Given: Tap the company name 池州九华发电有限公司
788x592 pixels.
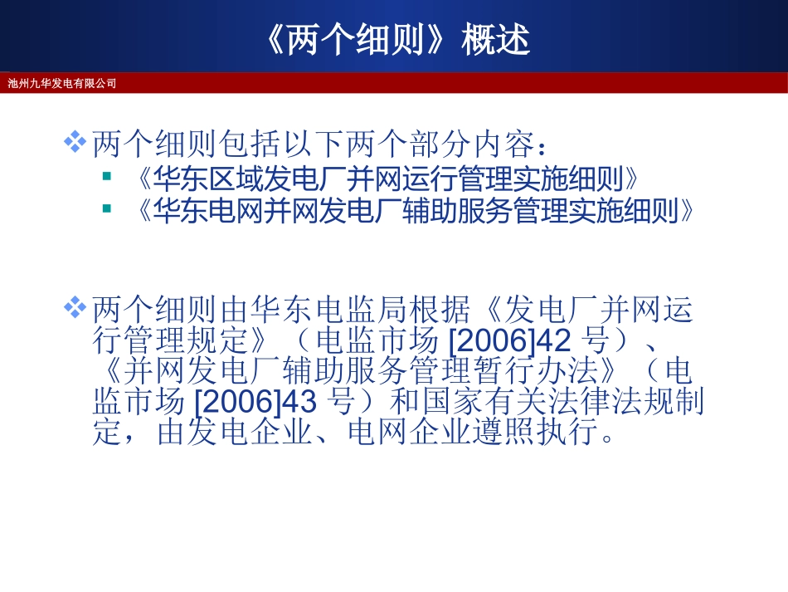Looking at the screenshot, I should (x=62, y=83).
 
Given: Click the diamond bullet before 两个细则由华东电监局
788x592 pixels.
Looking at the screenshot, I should (x=75, y=308).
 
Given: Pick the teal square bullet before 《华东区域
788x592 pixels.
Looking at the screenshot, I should (x=106, y=177).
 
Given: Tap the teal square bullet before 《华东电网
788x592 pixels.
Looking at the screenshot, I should (x=106, y=208).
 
